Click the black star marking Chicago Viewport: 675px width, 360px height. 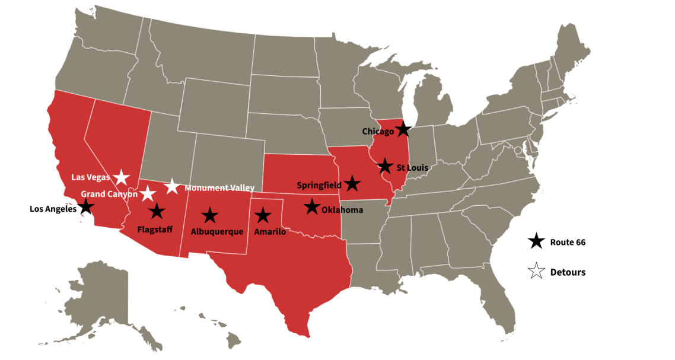click(403, 128)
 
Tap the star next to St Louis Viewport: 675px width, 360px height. click(385, 166)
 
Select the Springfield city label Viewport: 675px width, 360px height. click(319, 185)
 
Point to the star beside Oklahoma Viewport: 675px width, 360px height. click(311, 207)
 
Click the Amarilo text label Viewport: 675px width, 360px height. click(270, 232)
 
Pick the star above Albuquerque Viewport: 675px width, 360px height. click(209, 216)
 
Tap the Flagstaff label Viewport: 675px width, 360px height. click(154, 229)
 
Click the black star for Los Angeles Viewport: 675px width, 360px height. click(87, 206)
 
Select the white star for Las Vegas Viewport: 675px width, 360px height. click(122, 177)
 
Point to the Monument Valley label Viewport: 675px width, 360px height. click(219, 188)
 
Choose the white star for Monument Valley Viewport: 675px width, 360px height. click(172, 186)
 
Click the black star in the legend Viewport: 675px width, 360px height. click(536, 241)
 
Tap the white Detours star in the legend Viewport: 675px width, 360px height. click(536, 272)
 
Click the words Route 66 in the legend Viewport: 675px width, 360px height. click(568, 242)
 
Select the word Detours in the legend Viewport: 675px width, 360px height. click(568, 273)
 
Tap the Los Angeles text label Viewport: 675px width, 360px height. click(53, 209)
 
